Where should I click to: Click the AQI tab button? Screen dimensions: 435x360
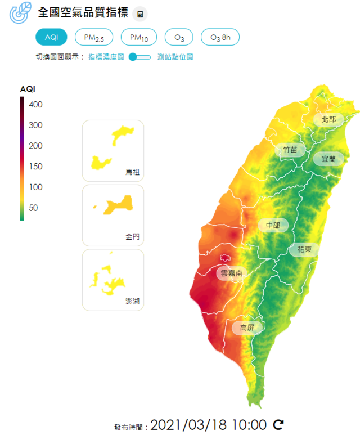[x=52, y=37]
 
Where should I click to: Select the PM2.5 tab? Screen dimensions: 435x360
[x=94, y=37]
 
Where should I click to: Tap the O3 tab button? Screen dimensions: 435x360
[x=179, y=37]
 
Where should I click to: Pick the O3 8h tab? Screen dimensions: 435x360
[x=220, y=37]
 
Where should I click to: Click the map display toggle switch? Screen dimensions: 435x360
[x=139, y=57]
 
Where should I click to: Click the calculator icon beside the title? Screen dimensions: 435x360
[x=139, y=14]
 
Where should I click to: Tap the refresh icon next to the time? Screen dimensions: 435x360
[x=278, y=424]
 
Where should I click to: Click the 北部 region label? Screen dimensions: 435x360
[x=328, y=119]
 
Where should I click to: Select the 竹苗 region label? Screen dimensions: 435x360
[x=290, y=150]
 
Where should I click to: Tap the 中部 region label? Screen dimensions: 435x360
[x=273, y=225]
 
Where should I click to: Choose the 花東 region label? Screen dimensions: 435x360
[x=304, y=250]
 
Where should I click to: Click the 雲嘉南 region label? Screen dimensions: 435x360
[x=231, y=273]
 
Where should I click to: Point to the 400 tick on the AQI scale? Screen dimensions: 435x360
[x=35, y=105]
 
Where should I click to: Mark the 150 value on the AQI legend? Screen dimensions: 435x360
[x=35, y=167]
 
